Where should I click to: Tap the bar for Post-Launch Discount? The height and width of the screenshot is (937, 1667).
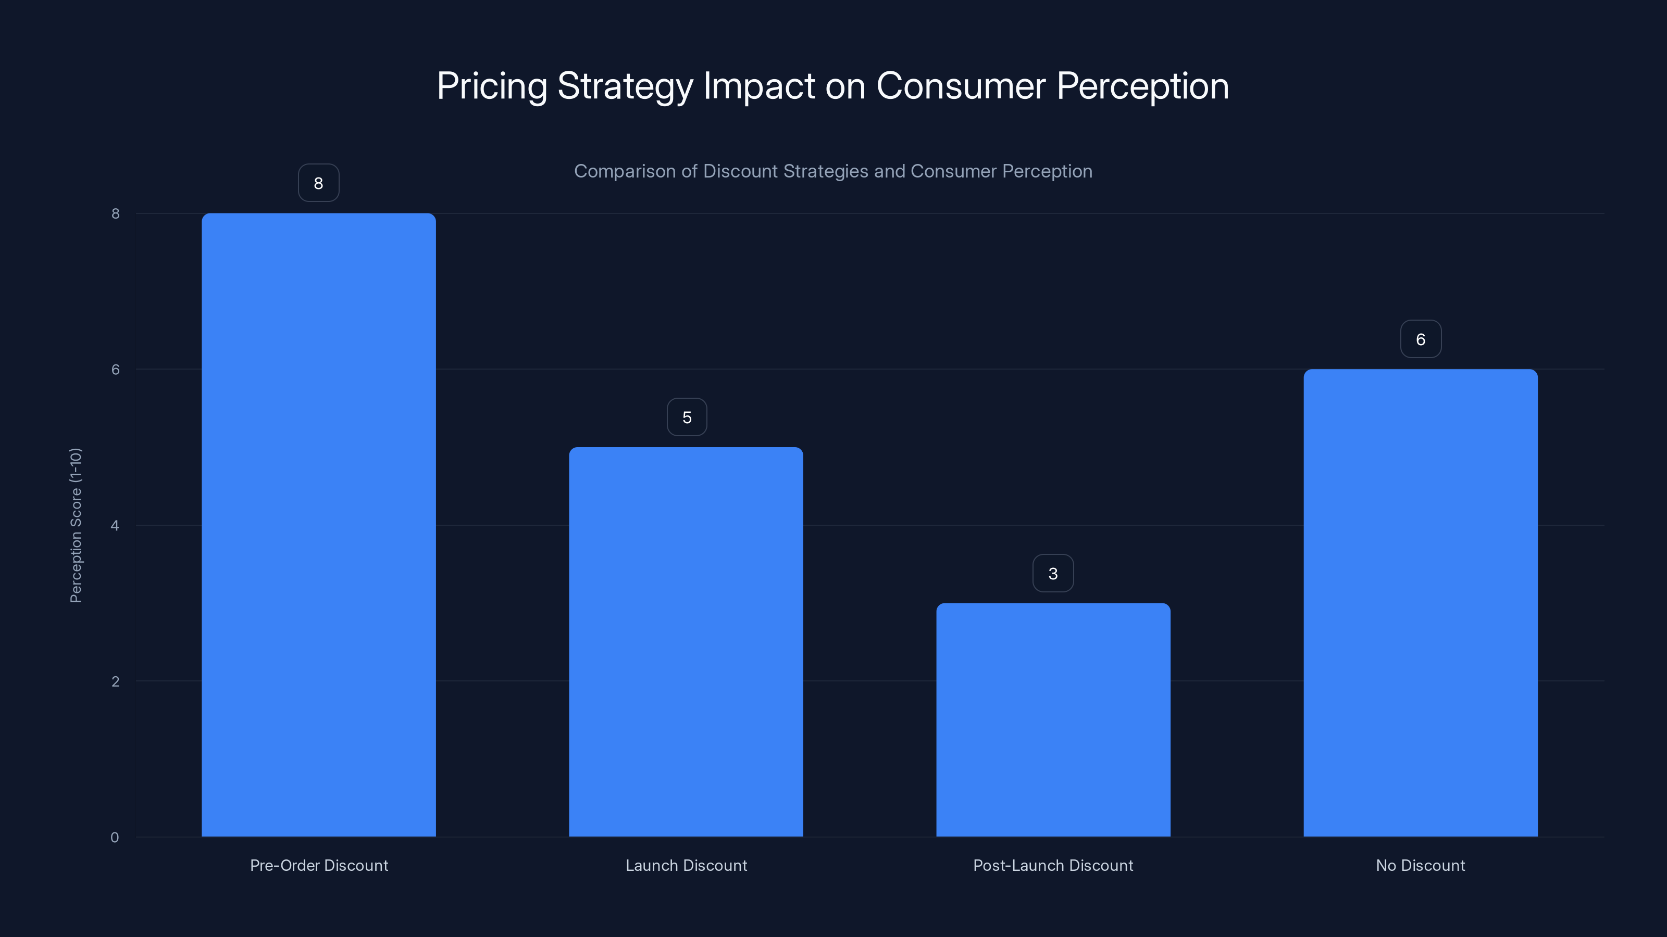click(1053, 720)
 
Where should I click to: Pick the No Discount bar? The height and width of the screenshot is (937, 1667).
click(1421, 603)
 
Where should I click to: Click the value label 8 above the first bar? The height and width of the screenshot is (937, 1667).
click(318, 183)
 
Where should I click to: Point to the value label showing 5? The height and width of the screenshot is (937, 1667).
click(687, 417)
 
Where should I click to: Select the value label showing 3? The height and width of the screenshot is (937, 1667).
click(1053, 573)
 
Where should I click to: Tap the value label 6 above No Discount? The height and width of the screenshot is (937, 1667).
click(1421, 339)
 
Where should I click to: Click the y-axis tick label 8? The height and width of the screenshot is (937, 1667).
click(115, 213)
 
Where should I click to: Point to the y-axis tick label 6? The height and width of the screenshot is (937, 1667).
click(115, 369)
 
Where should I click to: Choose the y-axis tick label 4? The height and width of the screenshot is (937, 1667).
click(115, 525)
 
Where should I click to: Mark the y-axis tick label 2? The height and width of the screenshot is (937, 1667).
click(115, 681)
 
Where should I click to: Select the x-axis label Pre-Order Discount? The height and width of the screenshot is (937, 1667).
click(319, 865)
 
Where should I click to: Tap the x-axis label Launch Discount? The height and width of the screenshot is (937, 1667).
click(686, 865)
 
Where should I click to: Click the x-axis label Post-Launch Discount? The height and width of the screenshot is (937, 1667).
click(1053, 865)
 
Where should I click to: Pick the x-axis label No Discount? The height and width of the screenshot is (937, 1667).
click(1421, 865)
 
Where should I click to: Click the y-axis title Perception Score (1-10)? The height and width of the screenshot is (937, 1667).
click(76, 525)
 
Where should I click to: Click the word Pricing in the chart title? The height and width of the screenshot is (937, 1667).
click(492, 86)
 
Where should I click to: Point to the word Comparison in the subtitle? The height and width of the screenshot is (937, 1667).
click(625, 171)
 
